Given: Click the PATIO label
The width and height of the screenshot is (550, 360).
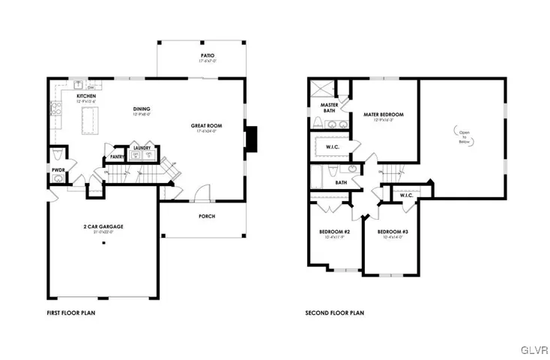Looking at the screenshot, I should click(208, 55).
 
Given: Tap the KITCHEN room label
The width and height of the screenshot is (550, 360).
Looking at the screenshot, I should click(86, 97).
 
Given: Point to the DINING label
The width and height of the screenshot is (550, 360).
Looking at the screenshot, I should click(142, 109).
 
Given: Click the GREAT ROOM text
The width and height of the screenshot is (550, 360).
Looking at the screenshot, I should click(204, 126).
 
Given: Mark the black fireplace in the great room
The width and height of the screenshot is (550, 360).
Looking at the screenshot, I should click(253, 137).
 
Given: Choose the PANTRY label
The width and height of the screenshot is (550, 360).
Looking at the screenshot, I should click(117, 157).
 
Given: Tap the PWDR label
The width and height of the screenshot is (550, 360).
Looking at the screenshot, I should click(58, 170).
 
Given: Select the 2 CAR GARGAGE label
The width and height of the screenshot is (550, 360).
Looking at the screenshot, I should click(103, 226).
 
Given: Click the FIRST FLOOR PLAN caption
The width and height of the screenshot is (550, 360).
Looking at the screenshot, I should click(71, 313).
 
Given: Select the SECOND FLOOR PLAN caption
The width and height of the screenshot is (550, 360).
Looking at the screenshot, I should click(334, 313).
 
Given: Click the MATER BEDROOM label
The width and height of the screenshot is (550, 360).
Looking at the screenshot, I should click(384, 115).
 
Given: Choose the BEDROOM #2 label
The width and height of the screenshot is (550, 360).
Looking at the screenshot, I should click(335, 232).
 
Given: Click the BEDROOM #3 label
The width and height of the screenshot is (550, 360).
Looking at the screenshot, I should click(392, 232).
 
